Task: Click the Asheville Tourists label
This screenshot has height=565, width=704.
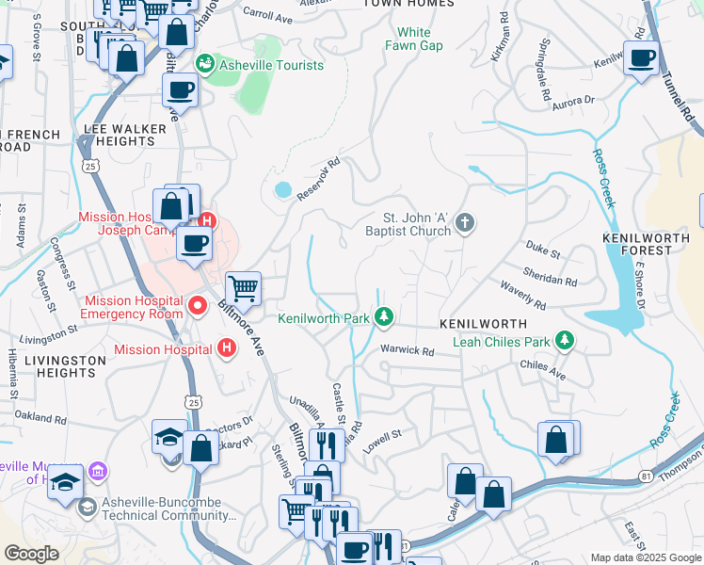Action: [271, 66]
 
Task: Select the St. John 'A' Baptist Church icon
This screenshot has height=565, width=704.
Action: [463, 223]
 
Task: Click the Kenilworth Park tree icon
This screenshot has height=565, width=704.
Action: [383, 317]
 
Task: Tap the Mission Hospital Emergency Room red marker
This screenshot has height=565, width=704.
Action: [197, 305]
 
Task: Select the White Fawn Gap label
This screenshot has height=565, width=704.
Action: [414, 39]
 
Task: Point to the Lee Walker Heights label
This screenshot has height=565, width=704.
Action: [120, 134]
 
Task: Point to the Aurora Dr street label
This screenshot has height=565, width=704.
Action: [574, 101]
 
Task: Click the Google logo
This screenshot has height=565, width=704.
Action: [31, 554]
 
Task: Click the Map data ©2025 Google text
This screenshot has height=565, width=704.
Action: [644, 557]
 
